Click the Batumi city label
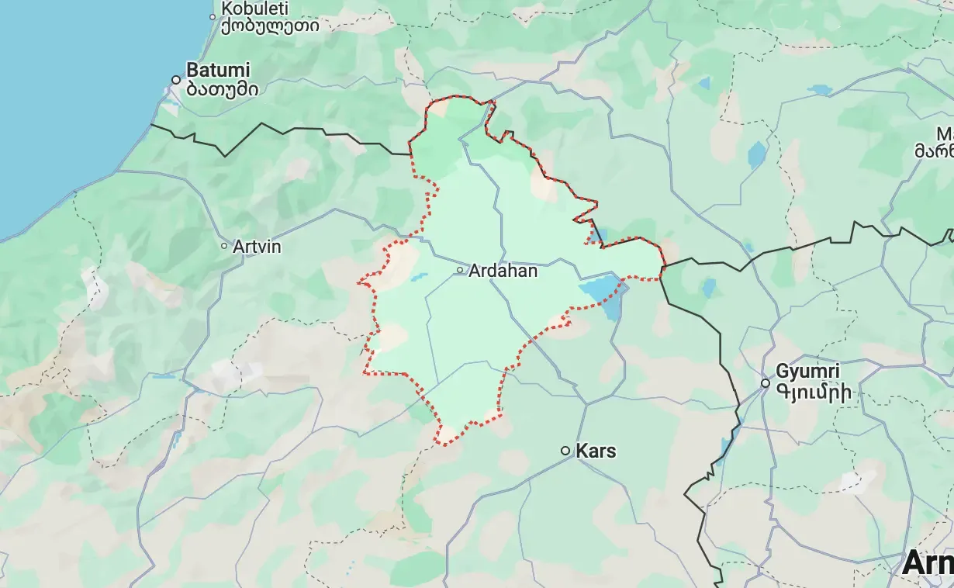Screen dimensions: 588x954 219,70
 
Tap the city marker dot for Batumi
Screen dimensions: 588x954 176,80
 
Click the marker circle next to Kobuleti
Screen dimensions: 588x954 213,16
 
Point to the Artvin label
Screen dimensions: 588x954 257,247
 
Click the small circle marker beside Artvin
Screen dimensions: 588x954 224,246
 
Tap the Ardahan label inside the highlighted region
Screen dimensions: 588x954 503,272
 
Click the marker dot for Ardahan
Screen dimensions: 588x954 460,271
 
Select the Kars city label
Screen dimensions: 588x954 596,451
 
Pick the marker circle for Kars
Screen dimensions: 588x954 566,451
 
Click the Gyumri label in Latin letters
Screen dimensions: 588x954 807,371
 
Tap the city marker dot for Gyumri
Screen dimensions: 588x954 766,383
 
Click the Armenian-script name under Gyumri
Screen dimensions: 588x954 817,393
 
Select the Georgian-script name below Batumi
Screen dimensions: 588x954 222,88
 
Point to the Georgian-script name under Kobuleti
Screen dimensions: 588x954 270,26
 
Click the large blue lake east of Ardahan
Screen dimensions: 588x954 602,294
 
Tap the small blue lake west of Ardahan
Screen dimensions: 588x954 418,277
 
